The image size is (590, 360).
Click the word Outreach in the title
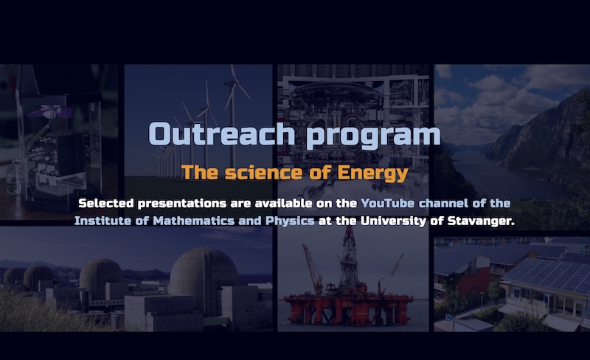222,134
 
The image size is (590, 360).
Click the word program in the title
373,136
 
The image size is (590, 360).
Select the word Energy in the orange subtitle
372,173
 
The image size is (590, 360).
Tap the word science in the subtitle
263,173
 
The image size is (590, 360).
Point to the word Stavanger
481,221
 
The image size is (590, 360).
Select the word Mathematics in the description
194,221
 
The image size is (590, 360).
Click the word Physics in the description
290,221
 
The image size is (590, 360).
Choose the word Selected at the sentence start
105,204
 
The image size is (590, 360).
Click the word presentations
182,204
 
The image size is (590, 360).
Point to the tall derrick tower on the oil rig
349,256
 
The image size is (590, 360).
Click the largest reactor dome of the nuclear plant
204,280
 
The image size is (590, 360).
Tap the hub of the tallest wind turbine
232,83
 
